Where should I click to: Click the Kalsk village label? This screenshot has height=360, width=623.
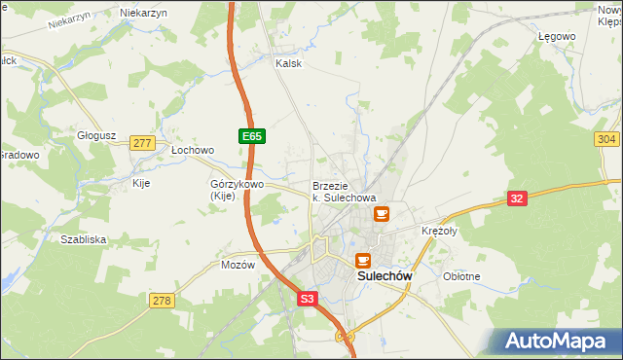289,63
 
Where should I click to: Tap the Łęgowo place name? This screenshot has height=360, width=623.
558,36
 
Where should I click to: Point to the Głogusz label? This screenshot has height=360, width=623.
97,136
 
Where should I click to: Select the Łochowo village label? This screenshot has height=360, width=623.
192,151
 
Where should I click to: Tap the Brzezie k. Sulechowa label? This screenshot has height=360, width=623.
344,192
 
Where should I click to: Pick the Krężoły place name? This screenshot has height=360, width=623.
439,232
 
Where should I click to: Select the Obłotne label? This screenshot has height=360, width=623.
461,276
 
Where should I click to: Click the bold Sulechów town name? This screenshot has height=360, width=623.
385,276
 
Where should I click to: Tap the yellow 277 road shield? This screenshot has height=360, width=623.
142,143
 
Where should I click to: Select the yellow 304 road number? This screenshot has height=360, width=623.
605,140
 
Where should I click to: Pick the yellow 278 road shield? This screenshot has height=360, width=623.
162,301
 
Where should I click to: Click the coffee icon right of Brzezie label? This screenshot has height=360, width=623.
381,211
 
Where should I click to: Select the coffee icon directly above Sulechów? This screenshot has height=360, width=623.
363,259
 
